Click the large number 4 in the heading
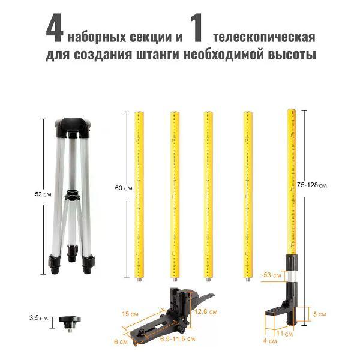pos(55,29)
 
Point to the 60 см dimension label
pos(122,188)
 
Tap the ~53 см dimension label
pos(271,275)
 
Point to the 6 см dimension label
pos(122,341)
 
